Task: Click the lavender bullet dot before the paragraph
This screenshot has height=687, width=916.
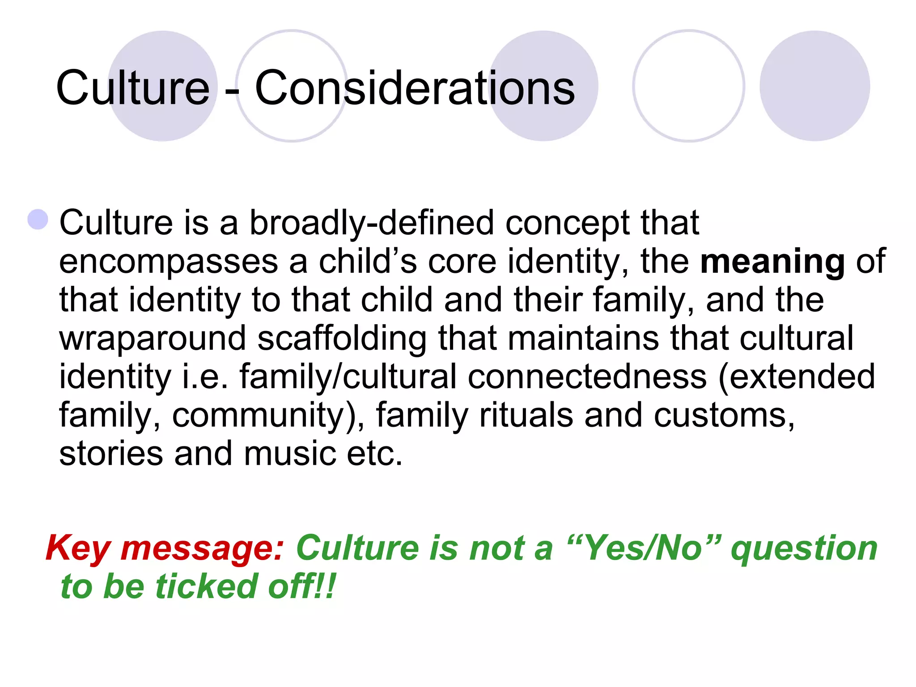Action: point(38,220)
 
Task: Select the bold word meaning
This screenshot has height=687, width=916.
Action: point(772,261)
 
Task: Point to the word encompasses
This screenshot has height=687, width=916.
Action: point(169,262)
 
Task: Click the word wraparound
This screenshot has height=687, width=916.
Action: point(153,338)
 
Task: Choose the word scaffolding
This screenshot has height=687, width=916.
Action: point(342,339)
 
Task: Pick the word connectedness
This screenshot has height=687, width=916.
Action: point(587,377)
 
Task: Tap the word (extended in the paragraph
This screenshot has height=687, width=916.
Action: point(797,377)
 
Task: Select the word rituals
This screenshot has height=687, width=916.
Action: point(526,415)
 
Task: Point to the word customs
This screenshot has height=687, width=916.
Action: point(724,415)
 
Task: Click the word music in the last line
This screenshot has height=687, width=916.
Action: point(289,454)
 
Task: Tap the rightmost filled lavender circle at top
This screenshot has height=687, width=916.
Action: point(814,86)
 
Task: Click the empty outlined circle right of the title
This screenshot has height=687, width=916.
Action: point(688,86)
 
